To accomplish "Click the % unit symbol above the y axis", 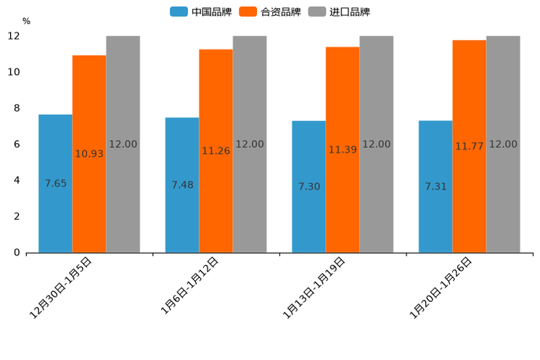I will coord(26,21).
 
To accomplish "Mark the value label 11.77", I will coord(470,147).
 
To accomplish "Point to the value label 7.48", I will coord(182,185).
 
